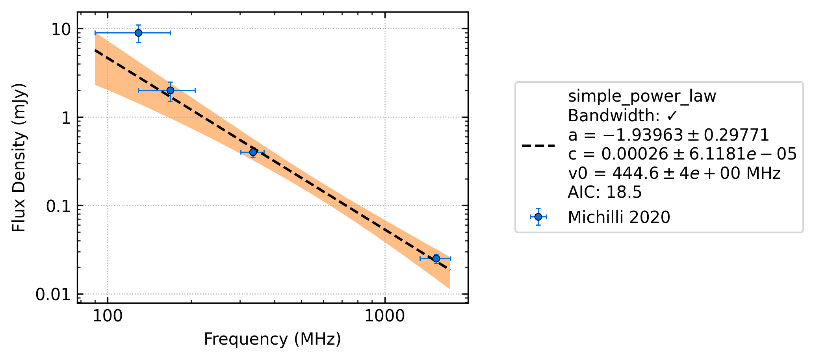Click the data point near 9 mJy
click(138, 33)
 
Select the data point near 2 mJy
click(170, 90)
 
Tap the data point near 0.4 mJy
click(253, 152)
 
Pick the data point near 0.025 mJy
click(436, 258)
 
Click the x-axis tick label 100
click(108, 317)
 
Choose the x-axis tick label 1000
click(384, 317)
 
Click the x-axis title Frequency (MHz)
click(272, 340)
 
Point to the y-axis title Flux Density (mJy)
click(19, 158)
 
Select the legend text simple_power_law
click(642, 96)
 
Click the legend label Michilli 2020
click(619, 217)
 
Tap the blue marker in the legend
click(538, 217)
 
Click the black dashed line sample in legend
click(538, 146)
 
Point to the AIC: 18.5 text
click(605, 193)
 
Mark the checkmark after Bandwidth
click(672, 116)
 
